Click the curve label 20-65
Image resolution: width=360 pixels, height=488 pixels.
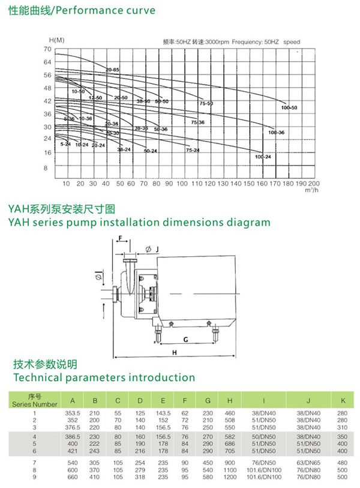pyautogui.click(x=112, y=70)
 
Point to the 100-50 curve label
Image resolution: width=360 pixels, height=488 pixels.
pyautogui.click(x=289, y=107)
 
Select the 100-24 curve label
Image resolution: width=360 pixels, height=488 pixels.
pyautogui.click(x=263, y=157)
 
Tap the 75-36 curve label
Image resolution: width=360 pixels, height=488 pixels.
pyautogui.click(x=199, y=122)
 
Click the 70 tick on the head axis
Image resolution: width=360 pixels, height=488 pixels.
pyautogui.click(x=49, y=48)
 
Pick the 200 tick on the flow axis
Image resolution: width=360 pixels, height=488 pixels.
pyautogui.click(x=313, y=183)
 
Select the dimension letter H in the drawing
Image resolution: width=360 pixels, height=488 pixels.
pyautogui.click(x=175, y=352)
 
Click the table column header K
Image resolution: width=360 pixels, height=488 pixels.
pyautogui.click(x=342, y=400)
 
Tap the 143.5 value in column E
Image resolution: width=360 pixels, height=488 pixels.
pyautogui.click(x=163, y=413)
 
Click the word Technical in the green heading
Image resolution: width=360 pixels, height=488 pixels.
pyautogui.click(x=40, y=378)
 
